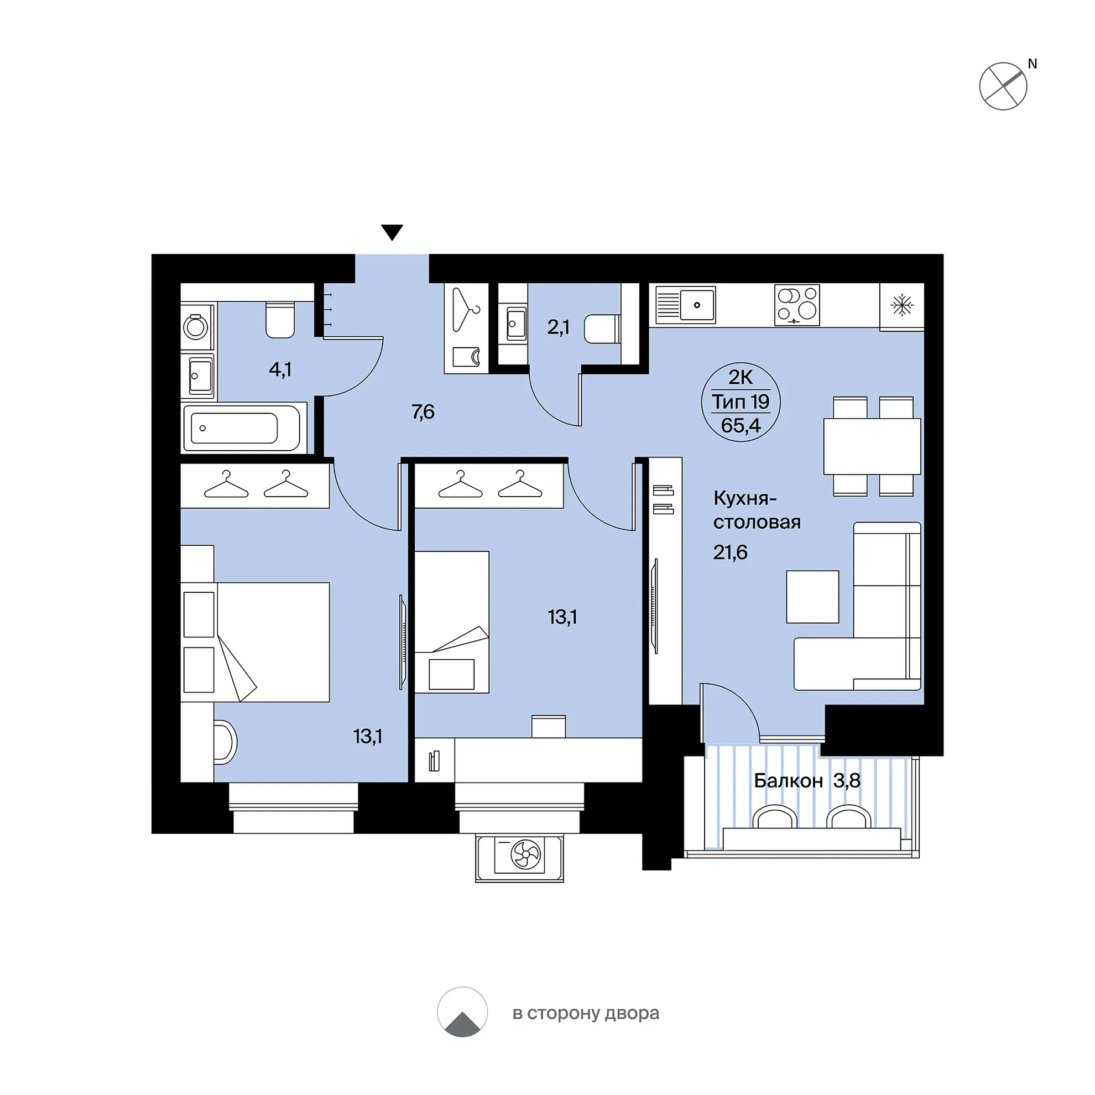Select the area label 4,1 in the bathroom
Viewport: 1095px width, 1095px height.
coord(280,369)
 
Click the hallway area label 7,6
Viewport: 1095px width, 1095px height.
coord(423,412)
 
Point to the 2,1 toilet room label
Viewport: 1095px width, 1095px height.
coord(557,327)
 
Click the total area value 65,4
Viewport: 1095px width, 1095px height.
coord(741,425)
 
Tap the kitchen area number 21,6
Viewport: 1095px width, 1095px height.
coord(730,552)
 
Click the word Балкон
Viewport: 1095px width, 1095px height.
coord(788,781)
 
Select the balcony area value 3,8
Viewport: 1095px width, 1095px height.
coord(847,781)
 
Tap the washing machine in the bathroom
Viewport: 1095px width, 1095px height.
coord(196,327)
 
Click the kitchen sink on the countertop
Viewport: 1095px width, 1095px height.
coord(686,304)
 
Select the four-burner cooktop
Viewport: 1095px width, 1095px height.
coord(797,305)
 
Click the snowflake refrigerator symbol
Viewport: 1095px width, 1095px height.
coord(902,306)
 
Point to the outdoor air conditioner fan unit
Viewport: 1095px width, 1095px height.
coord(519,858)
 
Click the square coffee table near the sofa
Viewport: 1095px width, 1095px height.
coord(812,597)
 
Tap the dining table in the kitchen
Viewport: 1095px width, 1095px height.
coord(872,446)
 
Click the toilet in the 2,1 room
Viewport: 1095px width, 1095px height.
coord(602,328)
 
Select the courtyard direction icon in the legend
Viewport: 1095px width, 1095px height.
coord(462,1012)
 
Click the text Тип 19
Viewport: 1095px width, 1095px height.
coord(741,402)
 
